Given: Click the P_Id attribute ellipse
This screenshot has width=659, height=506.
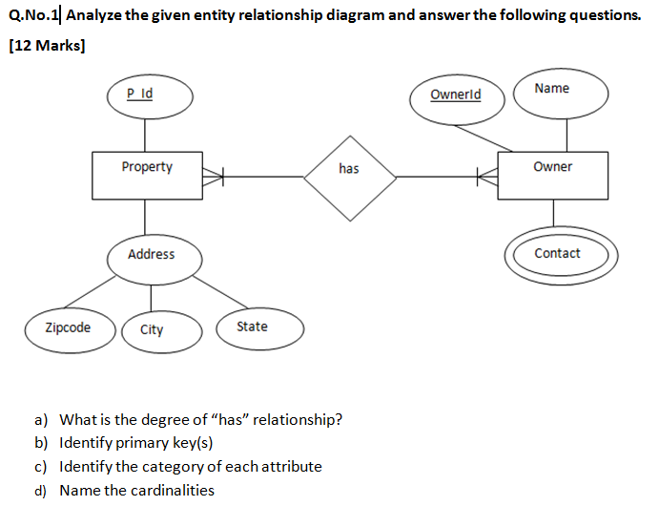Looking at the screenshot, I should (x=150, y=95).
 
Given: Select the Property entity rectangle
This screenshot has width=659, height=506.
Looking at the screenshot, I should (x=147, y=175).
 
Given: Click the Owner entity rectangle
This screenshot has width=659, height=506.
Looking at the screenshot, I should (x=552, y=175).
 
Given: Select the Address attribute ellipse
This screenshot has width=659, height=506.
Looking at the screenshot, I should (x=152, y=256).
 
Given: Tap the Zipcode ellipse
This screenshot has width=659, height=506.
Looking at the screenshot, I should (x=69, y=328).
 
